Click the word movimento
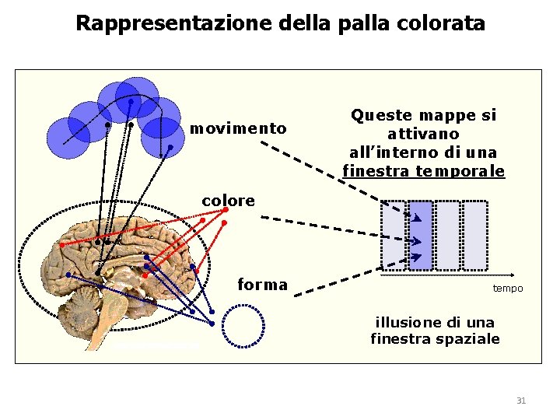coord(238,128)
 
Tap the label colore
coord(228,201)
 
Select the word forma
coord(262,285)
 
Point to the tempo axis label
coord(507,289)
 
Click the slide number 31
coord(521,401)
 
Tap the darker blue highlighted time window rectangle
coord(421,236)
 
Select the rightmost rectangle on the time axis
coord(474,236)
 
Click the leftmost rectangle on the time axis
coord(394,236)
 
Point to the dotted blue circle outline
coord(243,325)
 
